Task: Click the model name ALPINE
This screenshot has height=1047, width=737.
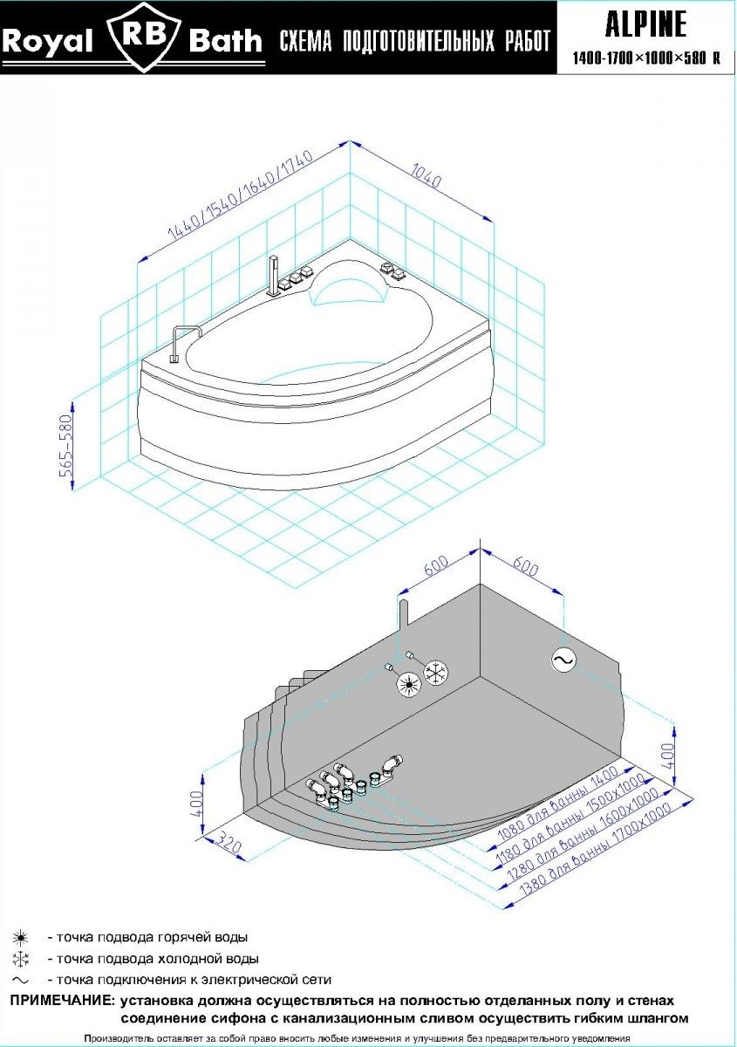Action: point(646,24)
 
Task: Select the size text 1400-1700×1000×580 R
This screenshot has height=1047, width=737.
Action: point(646,59)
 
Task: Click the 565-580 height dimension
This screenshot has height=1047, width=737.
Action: point(65,445)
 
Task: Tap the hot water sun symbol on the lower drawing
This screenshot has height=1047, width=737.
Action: point(406,685)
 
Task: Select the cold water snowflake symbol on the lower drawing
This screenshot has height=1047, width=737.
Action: point(436,672)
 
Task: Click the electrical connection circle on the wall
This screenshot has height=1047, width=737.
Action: point(563,661)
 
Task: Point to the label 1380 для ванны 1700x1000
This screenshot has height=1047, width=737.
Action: point(598,850)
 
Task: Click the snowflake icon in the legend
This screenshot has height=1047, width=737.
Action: point(20,959)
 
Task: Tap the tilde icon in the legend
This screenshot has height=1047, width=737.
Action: point(20,980)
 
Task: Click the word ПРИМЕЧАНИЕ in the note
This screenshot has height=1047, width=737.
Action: point(62,1001)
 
